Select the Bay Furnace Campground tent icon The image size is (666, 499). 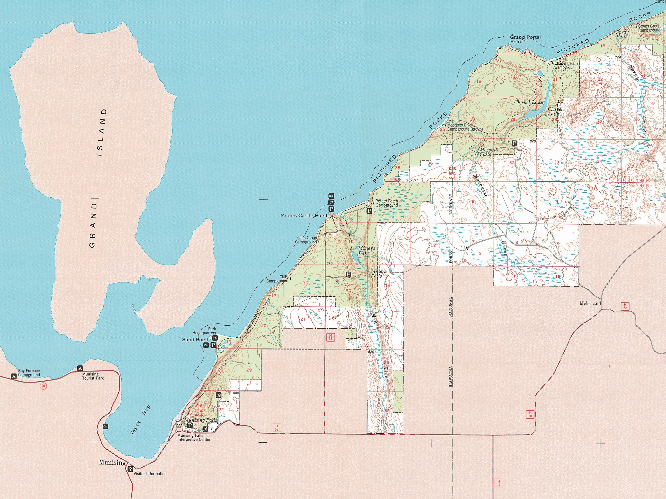[x=13, y=376]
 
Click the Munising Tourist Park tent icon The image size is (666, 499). [x=80, y=368]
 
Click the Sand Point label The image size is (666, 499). [x=195, y=340]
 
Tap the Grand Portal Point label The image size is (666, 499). [x=525, y=39]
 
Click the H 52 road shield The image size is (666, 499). [x=625, y=307]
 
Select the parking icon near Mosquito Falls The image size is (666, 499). [x=515, y=143]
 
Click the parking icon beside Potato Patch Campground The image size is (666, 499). [x=369, y=211]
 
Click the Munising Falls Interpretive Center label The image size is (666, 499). [x=194, y=438]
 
